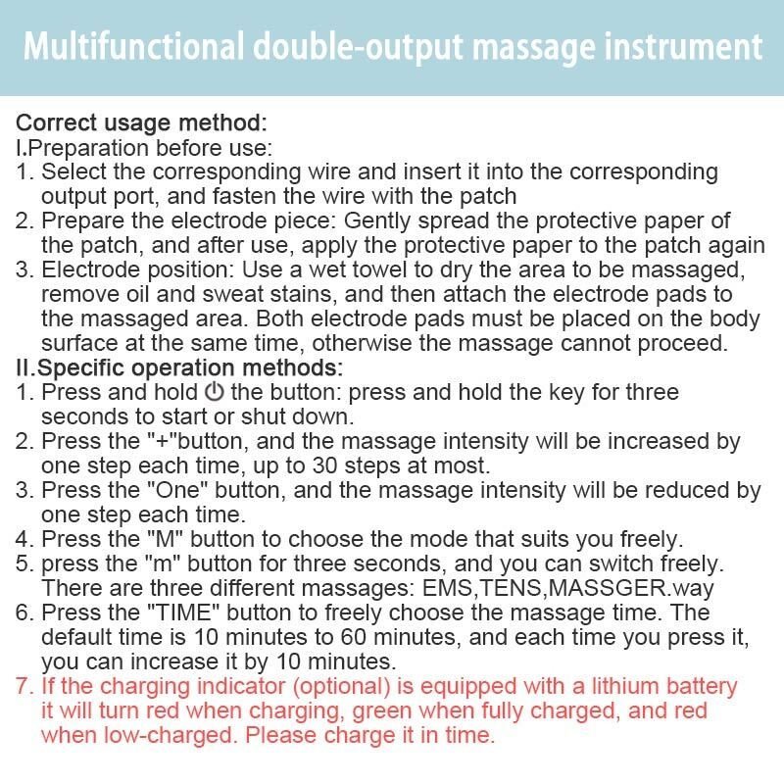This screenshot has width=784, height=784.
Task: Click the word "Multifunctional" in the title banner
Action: (133, 47)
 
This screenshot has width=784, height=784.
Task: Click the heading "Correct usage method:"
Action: (141, 123)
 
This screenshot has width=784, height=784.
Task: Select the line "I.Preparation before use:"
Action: (144, 148)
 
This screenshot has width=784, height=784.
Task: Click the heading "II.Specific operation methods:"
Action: (179, 368)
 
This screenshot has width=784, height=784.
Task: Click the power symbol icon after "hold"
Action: (214, 392)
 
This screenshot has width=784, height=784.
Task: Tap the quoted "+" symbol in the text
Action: (163, 441)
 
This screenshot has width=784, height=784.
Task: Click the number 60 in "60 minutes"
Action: (354, 637)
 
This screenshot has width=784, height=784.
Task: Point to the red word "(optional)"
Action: (341, 687)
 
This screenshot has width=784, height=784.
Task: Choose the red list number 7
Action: (24, 686)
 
